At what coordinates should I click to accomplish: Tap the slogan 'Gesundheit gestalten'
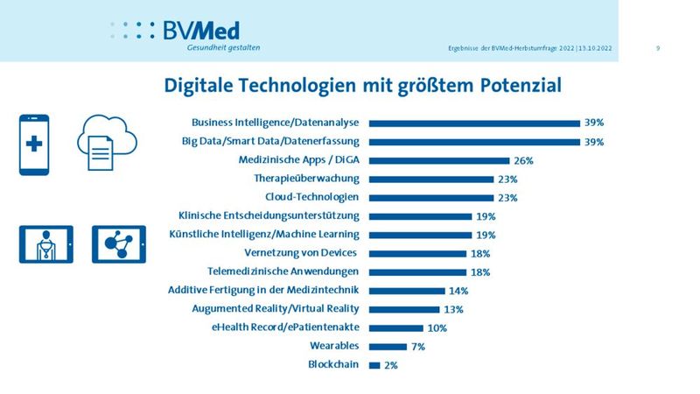pos(223,47)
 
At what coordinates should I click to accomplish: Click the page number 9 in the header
pos(657,47)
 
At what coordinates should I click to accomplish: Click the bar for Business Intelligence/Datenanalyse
pos(474,123)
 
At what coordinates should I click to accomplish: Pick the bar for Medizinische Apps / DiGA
pos(439,161)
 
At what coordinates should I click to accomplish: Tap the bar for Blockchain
pos(374,364)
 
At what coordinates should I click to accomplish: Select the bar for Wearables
pos(388,346)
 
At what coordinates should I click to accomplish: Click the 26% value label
pos(523,161)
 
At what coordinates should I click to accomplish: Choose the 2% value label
pos(390,365)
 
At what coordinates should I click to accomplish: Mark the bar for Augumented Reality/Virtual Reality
pos(404,309)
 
